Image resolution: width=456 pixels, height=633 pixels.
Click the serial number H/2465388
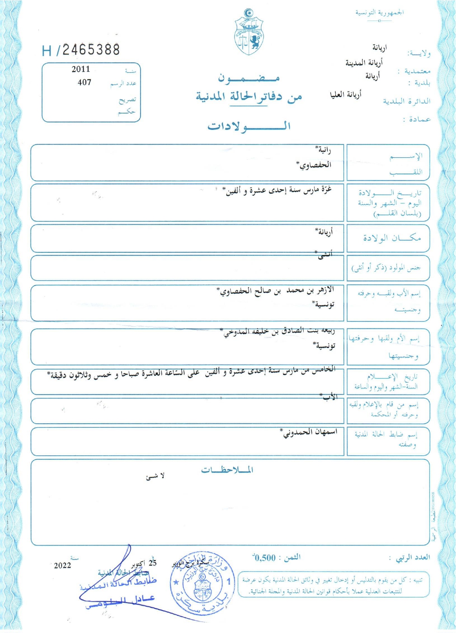[x=81, y=50]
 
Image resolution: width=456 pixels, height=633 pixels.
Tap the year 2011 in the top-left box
[x=81, y=69]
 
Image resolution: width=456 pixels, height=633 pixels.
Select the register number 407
[x=84, y=82]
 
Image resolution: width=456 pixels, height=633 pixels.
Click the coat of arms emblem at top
[x=248, y=32]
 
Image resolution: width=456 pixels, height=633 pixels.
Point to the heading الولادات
[x=249, y=126]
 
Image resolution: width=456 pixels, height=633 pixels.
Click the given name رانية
[x=323, y=150]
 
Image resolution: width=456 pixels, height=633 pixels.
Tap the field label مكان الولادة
[x=391, y=238]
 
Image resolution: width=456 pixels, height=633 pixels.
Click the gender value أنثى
[x=325, y=255]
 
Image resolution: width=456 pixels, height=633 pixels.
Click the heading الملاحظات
[x=227, y=470]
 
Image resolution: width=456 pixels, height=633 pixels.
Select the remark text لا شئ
[x=155, y=476]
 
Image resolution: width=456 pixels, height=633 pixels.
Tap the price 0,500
[x=264, y=558]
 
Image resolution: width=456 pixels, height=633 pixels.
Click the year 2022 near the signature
[x=62, y=565]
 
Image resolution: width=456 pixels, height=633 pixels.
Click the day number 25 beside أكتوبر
[x=152, y=563]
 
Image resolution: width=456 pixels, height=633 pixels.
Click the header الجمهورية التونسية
[x=379, y=13]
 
